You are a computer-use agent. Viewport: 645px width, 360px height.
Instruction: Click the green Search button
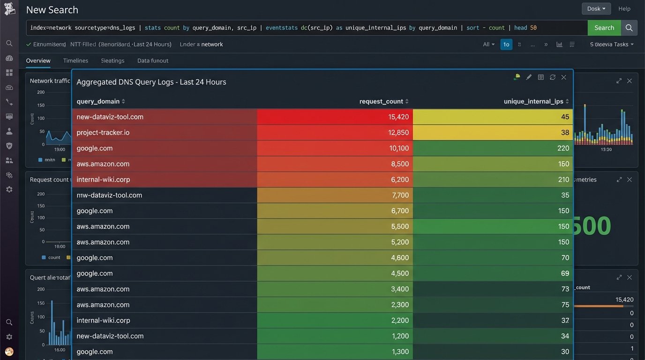tap(604, 28)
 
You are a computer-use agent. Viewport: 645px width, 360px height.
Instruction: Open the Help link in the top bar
tap(624, 8)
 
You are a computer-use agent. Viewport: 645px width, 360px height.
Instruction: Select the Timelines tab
tap(75, 60)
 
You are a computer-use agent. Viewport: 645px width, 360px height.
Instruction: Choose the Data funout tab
tap(152, 60)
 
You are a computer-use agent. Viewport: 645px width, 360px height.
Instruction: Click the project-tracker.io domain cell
tap(103, 133)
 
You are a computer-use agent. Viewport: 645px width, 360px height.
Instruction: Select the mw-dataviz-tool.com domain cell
tap(109, 195)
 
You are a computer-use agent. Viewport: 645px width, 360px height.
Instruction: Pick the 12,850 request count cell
tap(398, 133)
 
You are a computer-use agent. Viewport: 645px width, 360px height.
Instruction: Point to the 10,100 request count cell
tap(398, 148)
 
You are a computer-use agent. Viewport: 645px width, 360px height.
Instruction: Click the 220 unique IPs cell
tap(563, 148)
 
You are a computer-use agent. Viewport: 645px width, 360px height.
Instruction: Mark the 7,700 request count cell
tap(400, 195)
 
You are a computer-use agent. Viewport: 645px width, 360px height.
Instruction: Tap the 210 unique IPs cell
tap(563, 180)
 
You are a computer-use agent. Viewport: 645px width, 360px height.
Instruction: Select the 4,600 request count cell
tap(400, 258)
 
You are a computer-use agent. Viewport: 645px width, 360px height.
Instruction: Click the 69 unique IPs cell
tap(565, 273)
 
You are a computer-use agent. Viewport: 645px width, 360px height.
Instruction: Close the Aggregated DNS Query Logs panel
tap(564, 77)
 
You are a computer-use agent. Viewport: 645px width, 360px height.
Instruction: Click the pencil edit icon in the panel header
tap(529, 77)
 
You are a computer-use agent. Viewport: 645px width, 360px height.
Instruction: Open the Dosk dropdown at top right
tap(596, 8)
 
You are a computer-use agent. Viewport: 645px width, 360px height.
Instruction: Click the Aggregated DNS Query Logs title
tap(151, 82)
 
